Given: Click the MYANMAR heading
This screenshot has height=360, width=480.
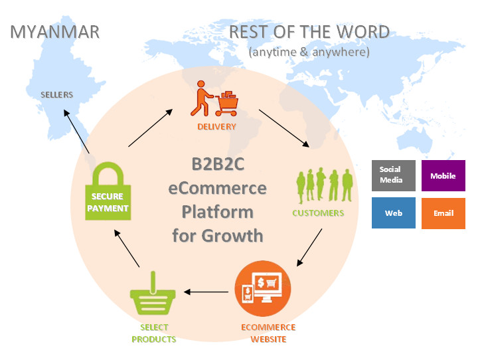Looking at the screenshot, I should click(55, 31).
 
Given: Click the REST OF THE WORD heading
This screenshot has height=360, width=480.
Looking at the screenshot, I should click(309, 31).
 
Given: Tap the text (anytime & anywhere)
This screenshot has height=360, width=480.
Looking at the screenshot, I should click(309, 52).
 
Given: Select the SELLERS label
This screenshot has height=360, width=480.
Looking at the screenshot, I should click(56, 94).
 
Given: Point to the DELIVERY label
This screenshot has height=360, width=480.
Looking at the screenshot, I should click(216, 126).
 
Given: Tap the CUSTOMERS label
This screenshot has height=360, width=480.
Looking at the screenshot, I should click(318, 213).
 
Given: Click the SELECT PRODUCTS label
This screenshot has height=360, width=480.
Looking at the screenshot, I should click(154, 333).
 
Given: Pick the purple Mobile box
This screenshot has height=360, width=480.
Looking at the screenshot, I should click(443, 176).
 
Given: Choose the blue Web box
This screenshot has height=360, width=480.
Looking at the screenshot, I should click(394, 213).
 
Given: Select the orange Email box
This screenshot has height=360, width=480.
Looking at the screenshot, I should click(443, 213).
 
